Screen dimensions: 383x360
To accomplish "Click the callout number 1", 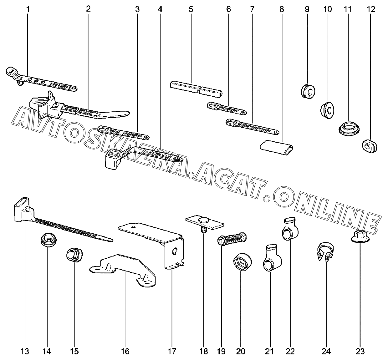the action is [x=28, y=9].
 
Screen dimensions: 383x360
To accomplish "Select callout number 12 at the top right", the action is [x=371, y=9].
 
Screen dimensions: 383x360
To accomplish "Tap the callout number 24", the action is [x=326, y=351].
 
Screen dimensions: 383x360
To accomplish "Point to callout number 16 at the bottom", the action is [x=125, y=351].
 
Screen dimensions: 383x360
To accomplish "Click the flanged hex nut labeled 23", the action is [x=360, y=236].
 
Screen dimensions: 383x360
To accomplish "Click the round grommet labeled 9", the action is [x=308, y=91].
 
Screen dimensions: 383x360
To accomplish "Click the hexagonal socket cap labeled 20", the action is [x=243, y=262].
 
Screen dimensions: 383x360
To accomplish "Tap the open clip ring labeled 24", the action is [x=325, y=252].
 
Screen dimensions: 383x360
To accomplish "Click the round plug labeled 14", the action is [x=49, y=240].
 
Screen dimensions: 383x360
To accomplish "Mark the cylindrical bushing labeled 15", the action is [x=74, y=255].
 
